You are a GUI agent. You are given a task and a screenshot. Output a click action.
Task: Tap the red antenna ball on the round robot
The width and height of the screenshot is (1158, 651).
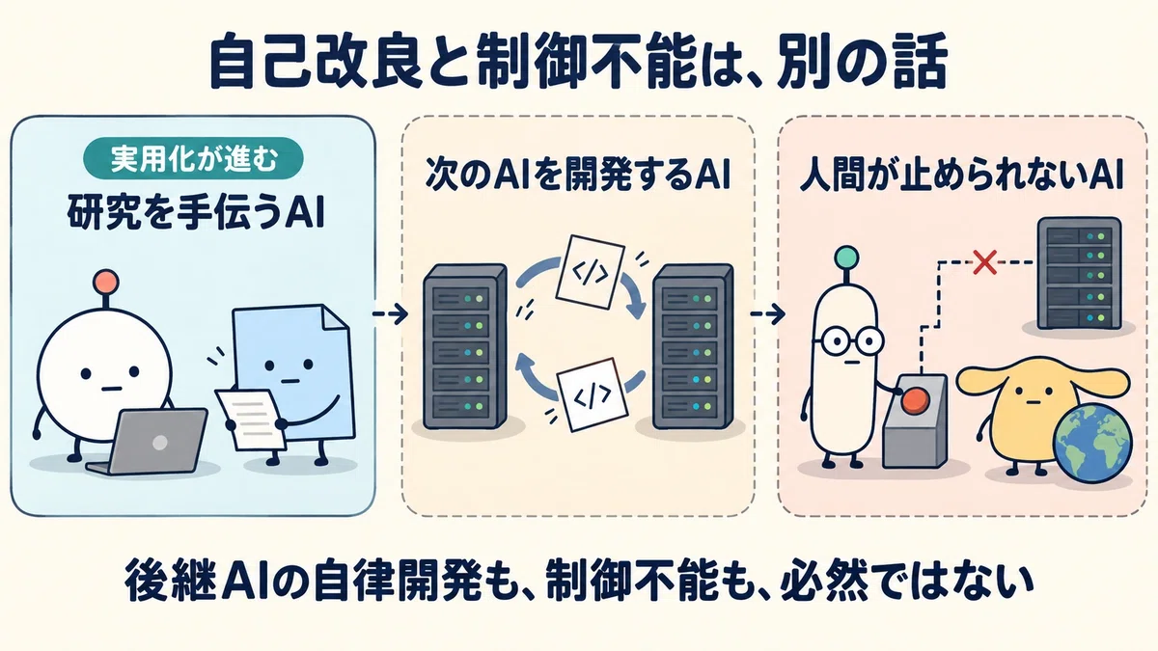click(106, 283)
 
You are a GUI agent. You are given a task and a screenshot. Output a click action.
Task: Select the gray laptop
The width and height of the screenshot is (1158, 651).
click(149, 441)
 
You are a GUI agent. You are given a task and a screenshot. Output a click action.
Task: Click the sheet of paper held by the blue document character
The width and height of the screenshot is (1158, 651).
click(251, 419)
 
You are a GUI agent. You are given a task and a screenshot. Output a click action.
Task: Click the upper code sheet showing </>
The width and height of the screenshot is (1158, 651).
click(590, 272)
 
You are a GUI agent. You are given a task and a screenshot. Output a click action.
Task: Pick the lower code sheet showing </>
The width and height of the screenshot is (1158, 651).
click(593, 394)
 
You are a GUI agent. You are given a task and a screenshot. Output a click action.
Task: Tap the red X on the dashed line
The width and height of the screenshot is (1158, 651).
click(985, 262)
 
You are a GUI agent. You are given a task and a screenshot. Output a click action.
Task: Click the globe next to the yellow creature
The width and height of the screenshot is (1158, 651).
click(1092, 444)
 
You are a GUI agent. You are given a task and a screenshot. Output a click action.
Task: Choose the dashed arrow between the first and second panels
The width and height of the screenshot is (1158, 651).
click(390, 313)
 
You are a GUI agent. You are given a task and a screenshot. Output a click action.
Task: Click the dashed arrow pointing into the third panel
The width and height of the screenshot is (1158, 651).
click(768, 313)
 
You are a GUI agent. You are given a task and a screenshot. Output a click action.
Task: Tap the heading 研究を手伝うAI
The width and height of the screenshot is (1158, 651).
click(195, 213)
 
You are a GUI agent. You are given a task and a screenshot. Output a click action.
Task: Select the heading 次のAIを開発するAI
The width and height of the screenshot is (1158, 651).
click(578, 177)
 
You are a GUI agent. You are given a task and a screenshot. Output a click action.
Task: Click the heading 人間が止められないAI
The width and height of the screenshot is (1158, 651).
click(961, 177)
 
